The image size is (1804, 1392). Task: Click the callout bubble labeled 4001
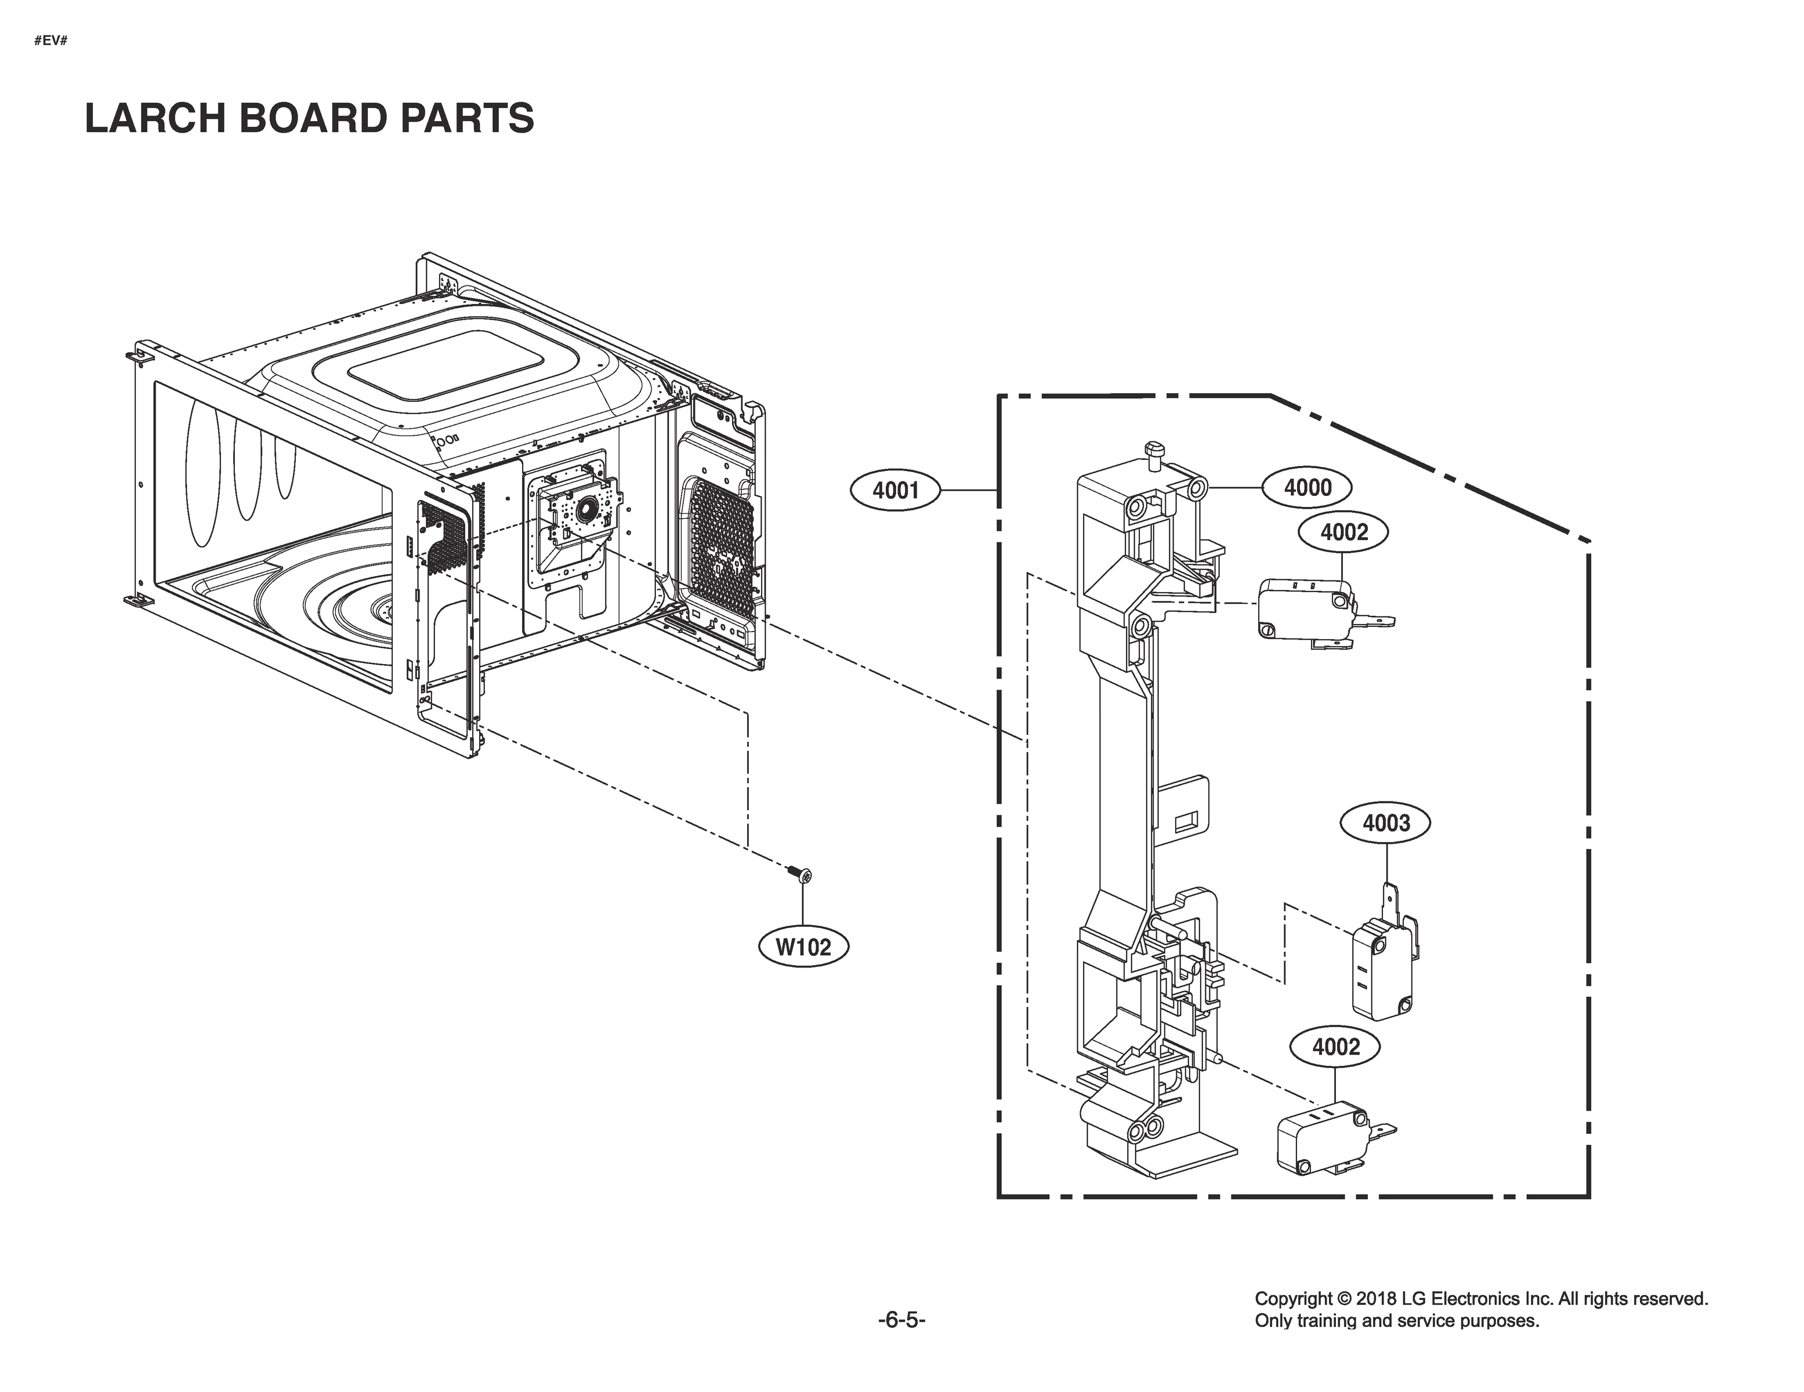tap(896, 491)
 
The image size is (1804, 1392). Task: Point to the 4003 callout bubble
tap(1385, 823)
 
